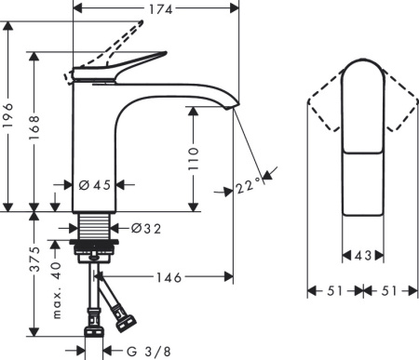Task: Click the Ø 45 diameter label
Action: pyautogui.click(x=95, y=184)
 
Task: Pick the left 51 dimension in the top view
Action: pyautogui.click(x=334, y=290)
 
